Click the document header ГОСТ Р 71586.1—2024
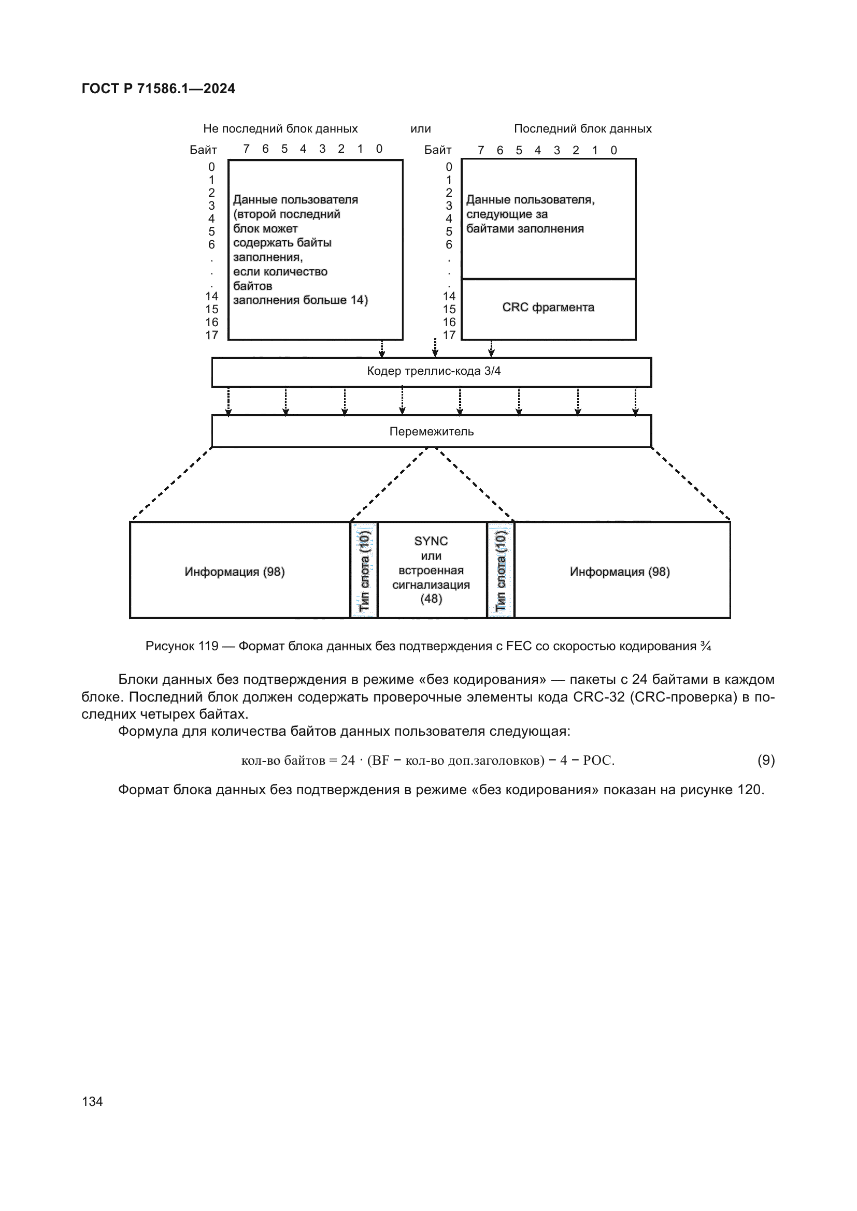point(159,89)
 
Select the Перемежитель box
point(431,431)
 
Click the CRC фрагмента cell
point(548,308)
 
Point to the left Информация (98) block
point(234,572)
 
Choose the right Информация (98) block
point(620,572)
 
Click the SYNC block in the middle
point(431,570)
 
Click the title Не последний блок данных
point(280,129)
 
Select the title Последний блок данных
point(582,129)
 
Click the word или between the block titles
point(421,129)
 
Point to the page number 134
point(92,1101)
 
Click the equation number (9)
point(766,760)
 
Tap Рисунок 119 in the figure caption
point(181,646)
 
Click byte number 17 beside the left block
point(211,335)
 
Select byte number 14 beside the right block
point(449,297)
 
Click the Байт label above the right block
point(437,150)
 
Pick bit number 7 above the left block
point(246,149)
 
